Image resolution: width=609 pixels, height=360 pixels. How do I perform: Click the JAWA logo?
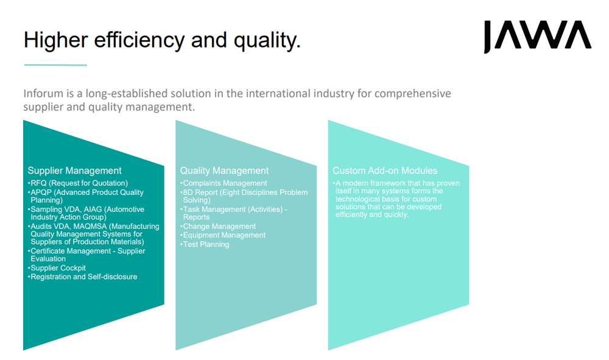point(537,36)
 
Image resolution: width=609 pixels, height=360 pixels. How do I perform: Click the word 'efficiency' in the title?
point(139,40)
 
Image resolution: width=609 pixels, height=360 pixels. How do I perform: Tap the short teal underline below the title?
point(55,65)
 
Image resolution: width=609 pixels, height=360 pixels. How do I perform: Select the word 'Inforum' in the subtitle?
point(43,94)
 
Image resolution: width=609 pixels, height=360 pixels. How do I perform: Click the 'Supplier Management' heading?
point(74,171)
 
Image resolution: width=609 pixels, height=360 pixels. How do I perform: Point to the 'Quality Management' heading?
point(224,171)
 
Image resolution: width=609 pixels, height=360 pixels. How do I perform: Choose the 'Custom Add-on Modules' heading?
point(385,171)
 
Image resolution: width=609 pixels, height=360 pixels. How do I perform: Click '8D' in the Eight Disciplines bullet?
point(188,192)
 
